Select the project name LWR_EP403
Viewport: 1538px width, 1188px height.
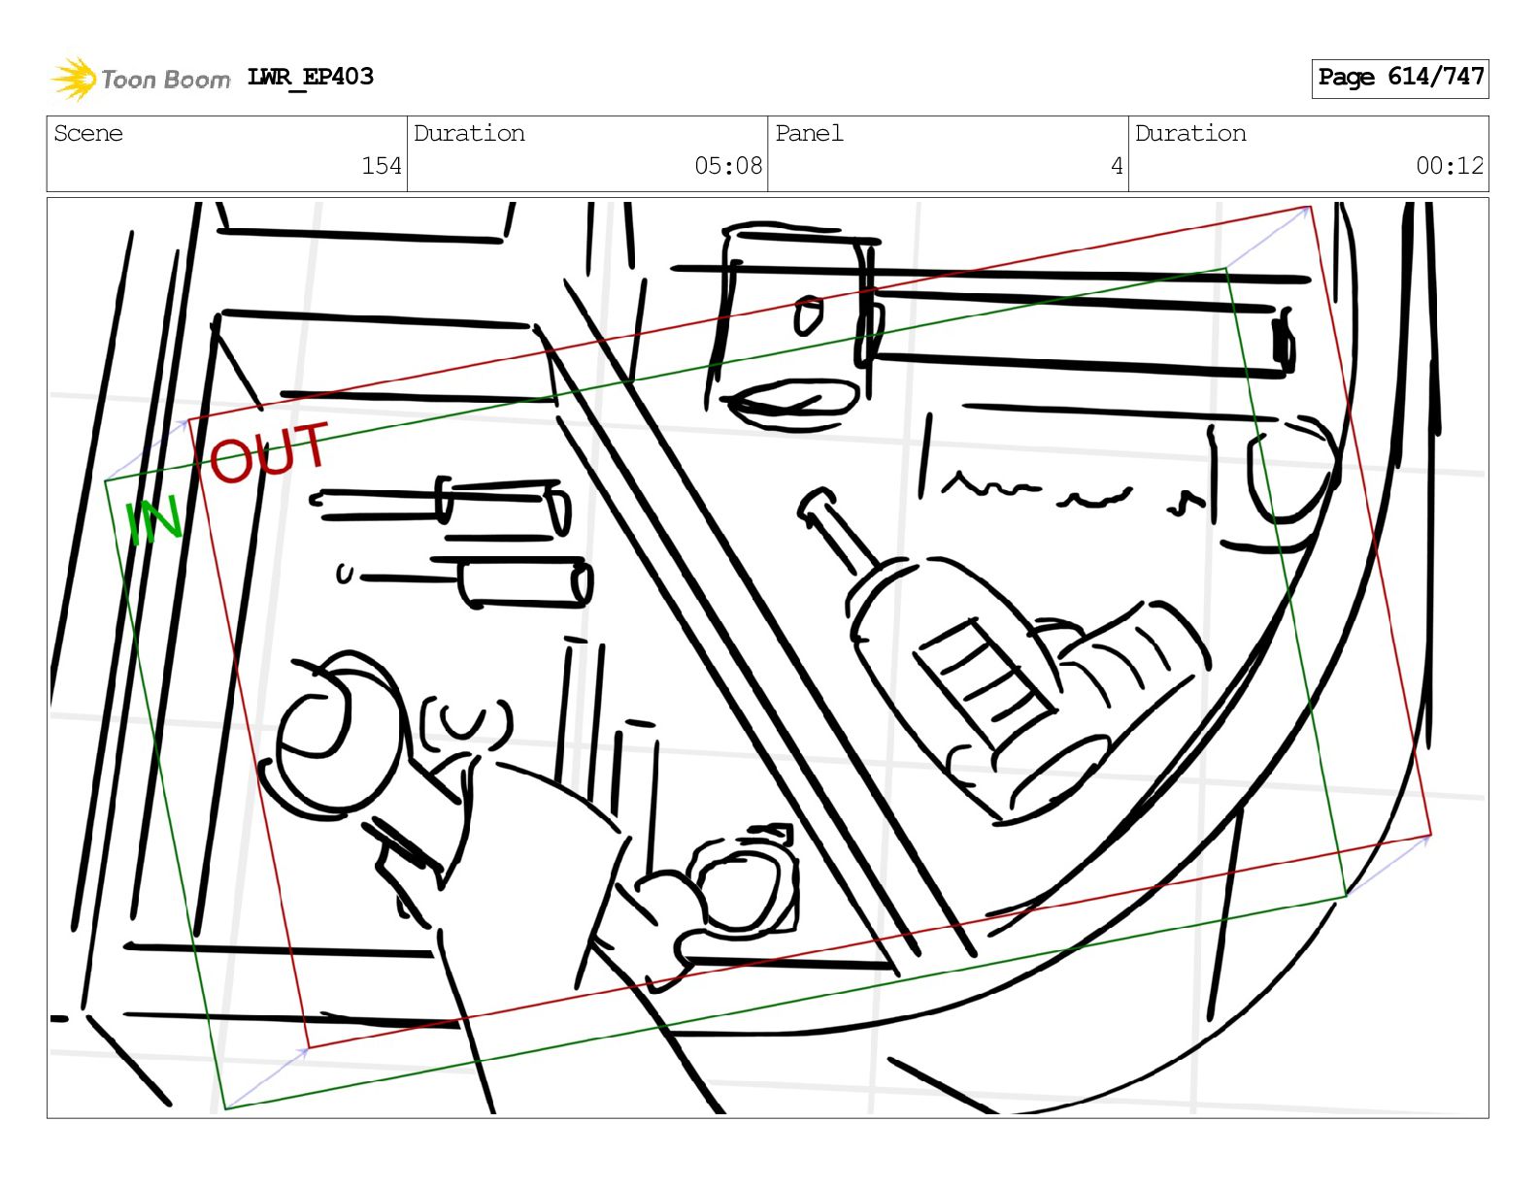(x=310, y=77)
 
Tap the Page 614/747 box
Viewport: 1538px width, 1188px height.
(x=1399, y=79)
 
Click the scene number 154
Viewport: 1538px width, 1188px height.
(x=382, y=166)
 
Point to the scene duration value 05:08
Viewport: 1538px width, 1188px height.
(x=728, y=166)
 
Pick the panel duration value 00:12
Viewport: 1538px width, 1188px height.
(x=1450, y=166)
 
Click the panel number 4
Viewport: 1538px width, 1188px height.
(x=1117, y=166)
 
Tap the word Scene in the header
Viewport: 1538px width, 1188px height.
(x=88, y=133)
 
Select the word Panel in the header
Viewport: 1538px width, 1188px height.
(x=809, y=133)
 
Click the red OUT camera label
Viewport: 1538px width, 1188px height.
(x=269, y=453)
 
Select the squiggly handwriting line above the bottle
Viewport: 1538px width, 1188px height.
(x=1069, y=492)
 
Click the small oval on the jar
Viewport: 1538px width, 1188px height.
(x=808, y=315)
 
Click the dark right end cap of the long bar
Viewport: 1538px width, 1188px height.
(x=1284, y=345)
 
